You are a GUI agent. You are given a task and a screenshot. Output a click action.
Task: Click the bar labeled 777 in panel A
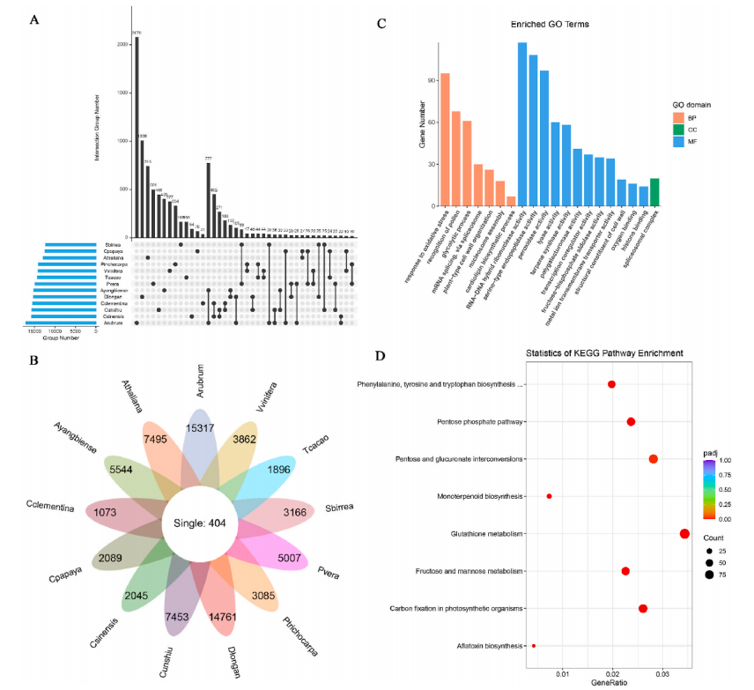(x=209, y=200)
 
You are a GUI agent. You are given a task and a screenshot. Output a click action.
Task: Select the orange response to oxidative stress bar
(x=445, y=139)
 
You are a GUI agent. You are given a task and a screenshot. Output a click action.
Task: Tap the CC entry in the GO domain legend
(x=692, y=129)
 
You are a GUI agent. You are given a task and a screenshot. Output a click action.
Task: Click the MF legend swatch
(x=678, y=141)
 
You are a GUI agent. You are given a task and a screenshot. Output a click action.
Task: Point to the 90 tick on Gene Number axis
(x=432, y=80)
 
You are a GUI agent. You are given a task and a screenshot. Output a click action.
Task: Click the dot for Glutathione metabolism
(x=684, y=534)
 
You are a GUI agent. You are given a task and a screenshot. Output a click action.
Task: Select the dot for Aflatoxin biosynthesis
(x=534, y=646)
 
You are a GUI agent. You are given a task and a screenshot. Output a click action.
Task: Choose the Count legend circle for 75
(x=710, y=575)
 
